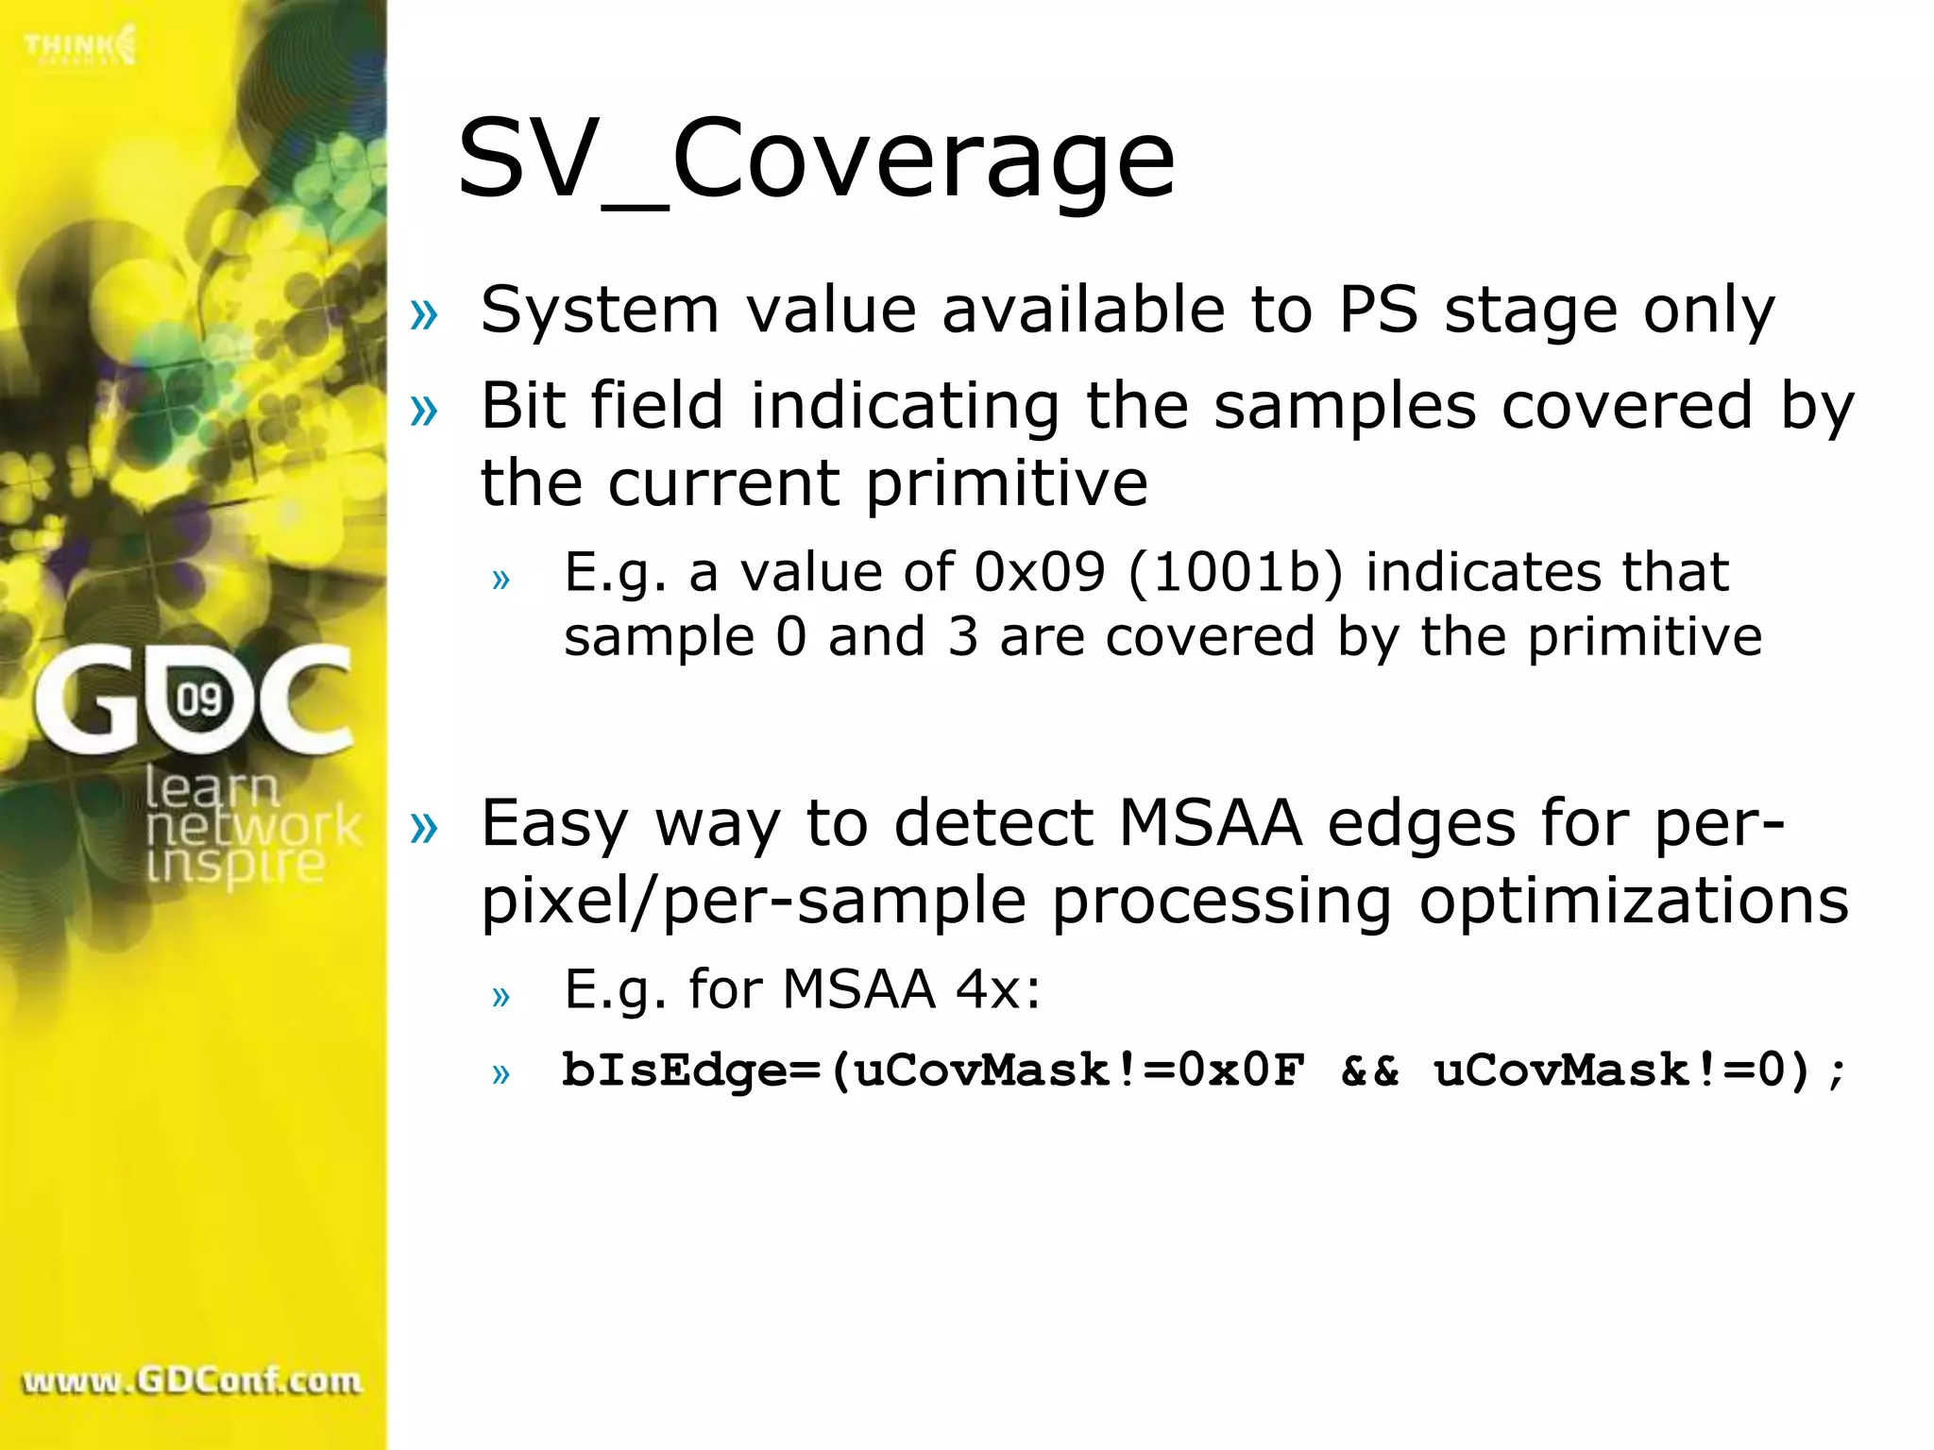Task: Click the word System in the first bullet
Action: (600, 311)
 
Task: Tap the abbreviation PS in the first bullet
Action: (1378, 311)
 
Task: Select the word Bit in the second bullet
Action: (521, 406)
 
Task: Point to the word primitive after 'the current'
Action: (1007, 483)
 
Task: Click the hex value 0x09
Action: (1039, 572)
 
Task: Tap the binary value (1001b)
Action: (1235, 572)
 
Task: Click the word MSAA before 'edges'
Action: (1211, 823)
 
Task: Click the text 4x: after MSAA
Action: (998, 989)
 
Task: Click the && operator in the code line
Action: (1369, 1071)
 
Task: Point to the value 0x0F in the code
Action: (1241, 1071)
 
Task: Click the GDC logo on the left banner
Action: (193, 700)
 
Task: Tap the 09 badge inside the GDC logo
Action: (199, 700)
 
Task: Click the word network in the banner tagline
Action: (253, 827)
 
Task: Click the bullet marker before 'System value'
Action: (425, 313)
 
